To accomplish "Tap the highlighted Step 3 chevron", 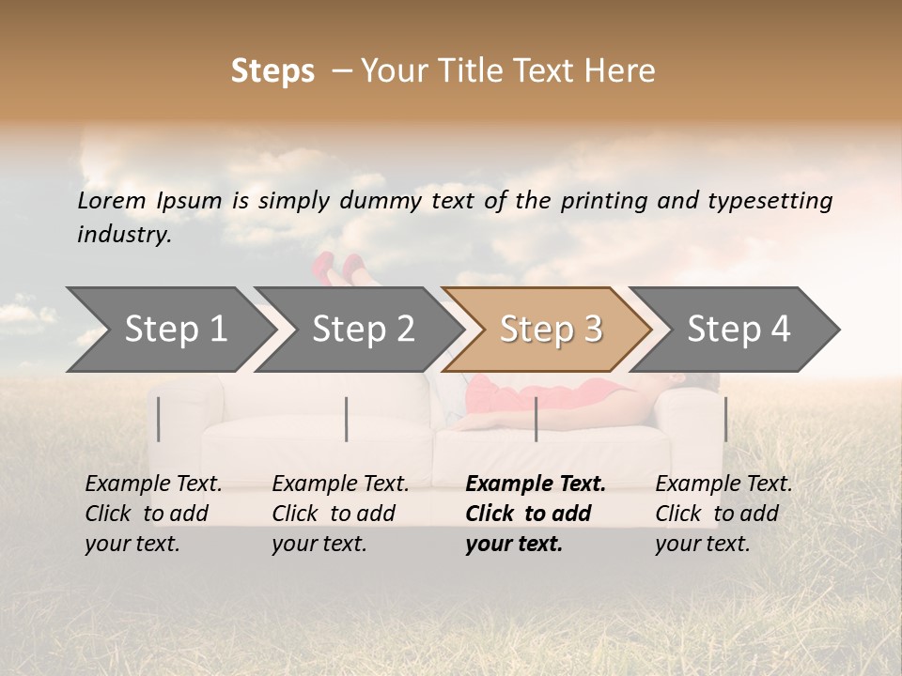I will (551, 330).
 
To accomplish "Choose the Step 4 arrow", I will (739, 330).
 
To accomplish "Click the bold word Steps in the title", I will (272, 70).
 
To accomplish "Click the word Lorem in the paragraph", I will (110, 200).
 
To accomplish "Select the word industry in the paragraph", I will (123, 234).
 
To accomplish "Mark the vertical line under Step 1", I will (159, 419).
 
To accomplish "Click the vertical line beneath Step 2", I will (347, 419).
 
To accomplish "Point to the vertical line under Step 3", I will (536, 419).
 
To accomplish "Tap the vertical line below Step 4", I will (725, 419).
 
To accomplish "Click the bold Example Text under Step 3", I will (536, 484).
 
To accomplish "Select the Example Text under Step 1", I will (153, 484).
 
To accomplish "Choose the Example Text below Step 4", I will (723, 484).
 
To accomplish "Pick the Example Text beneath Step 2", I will (340, 484).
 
